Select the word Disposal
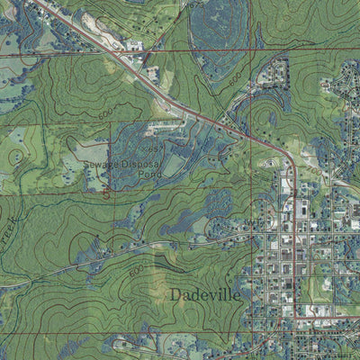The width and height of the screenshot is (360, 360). tap(139, 166)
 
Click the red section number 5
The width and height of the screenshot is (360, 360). tap(106, 192)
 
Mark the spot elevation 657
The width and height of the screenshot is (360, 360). tap(157, 147)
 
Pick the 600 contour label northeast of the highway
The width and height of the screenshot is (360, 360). tap(235, 81)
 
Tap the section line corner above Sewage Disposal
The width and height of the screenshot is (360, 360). tap(111, 124)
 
